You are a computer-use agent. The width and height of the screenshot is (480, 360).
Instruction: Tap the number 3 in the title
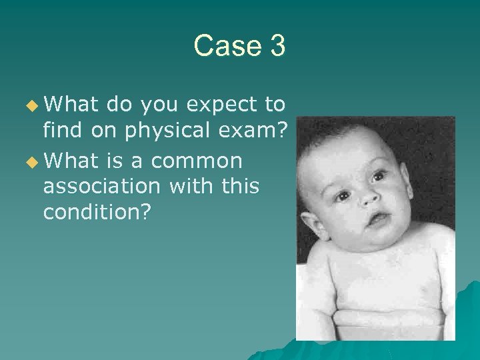point(277,46)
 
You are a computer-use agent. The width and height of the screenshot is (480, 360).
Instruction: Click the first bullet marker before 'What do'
point(32,105)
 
